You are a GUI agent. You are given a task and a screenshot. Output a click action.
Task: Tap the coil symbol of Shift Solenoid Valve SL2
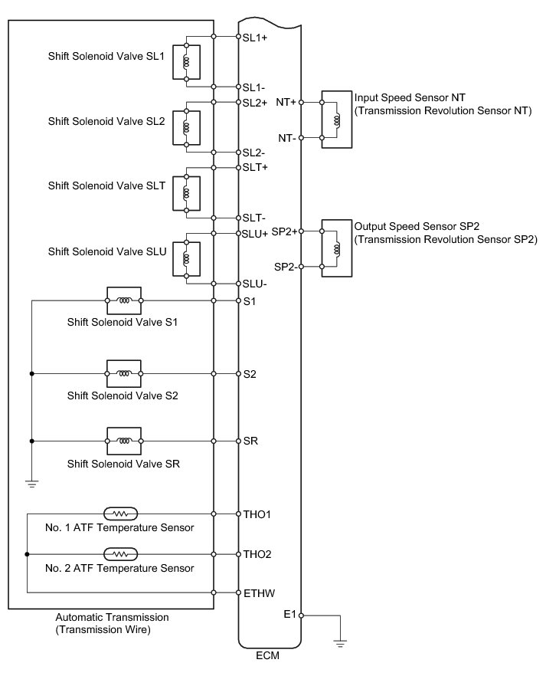pyautogui.click(x=186, y=127)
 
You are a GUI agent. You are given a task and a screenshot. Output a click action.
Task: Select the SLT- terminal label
pyautogui.click(x=253, y=218)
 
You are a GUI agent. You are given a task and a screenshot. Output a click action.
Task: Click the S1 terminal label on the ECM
pyautogui.click(x=249, y=301)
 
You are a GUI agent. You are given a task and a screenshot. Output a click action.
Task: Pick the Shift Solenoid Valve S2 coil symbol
pyautogui.click(x=123, y=373)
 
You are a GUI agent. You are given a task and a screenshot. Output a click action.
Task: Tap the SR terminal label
pyautogui.click(x=250, y=441)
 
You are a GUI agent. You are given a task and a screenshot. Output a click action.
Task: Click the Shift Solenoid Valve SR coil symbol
pyautogui.click(x=123, y=441)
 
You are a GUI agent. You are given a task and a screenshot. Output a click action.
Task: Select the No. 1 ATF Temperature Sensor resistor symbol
pyautogui.click(x=119, y=512)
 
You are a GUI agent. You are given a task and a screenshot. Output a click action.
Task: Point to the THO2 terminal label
pyautogui.click(x=257, y=553)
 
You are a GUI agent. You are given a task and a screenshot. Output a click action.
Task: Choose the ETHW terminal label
pyautogui.click(x=257, y=592)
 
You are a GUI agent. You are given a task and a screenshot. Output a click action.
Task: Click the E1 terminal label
pyautogui.click(x=289, y=615)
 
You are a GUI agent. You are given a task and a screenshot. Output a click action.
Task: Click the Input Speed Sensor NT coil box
pyautogui.click(x=335, y=120)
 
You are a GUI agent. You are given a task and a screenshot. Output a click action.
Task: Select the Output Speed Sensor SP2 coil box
pyautogui.click(x=335, y=248)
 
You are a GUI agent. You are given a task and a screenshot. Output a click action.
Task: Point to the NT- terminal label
pyautogui.click(x=287, y=139)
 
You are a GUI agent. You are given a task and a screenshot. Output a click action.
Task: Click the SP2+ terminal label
pyautogui.click(x=285, y=231)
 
